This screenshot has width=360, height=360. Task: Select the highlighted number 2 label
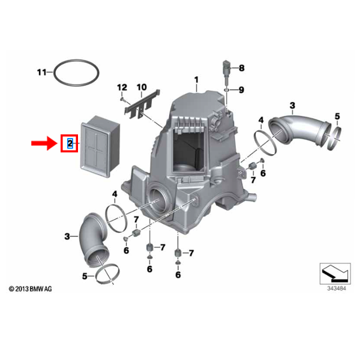[x=70, y=143]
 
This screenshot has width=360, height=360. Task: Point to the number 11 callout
[x=41, y=73]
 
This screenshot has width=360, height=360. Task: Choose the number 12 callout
[x=122, y=88]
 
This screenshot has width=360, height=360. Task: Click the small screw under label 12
[x=122, y=99]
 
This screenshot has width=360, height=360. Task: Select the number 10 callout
[x=142, y=88]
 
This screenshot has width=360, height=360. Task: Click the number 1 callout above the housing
[x=195, y=79]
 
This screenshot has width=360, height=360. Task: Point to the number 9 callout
[x=242, y=90]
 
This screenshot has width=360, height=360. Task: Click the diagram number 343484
[x=335, y=288]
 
